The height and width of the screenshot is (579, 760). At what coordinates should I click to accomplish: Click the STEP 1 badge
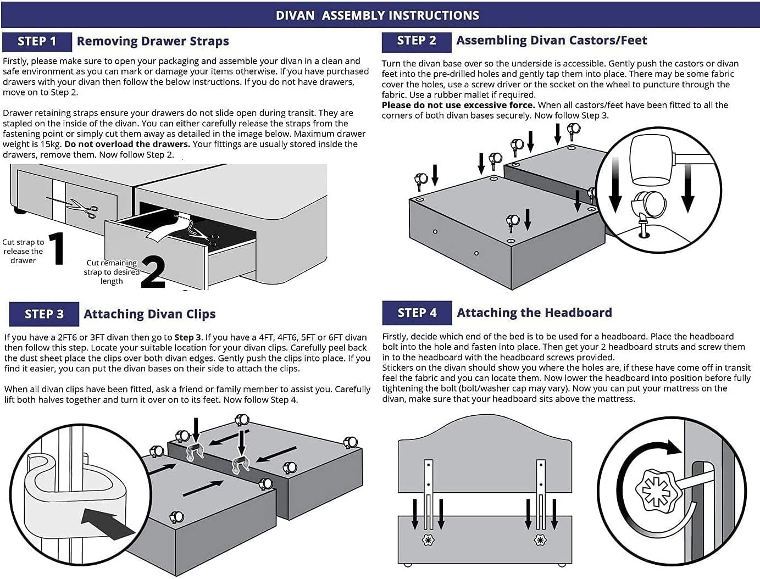tap(37, 42)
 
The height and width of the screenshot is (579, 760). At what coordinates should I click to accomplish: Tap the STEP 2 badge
tap(417, 41)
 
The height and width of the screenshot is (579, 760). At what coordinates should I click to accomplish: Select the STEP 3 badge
tap(44, 314)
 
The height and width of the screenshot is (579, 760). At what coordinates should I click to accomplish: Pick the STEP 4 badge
tap(417, 313)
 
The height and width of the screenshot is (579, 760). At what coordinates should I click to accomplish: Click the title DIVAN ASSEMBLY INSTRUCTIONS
tap(378, 15)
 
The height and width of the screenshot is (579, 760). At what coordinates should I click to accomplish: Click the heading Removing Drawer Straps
tap(153, 41)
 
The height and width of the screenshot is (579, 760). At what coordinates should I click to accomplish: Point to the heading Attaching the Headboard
tap(534, 313)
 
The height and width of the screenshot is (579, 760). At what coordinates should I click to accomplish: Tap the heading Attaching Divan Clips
tap(149, 314)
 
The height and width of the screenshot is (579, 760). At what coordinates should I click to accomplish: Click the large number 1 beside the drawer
tap(57, 249)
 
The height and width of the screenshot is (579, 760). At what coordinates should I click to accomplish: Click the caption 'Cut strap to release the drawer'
tap(23, 251)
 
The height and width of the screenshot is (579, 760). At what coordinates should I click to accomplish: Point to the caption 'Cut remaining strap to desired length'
tap(112, 272)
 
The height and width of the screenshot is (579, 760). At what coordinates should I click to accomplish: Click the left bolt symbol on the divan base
tap(428, 540)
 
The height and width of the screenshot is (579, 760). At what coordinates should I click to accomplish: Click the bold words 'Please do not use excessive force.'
tap(458, 105)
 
